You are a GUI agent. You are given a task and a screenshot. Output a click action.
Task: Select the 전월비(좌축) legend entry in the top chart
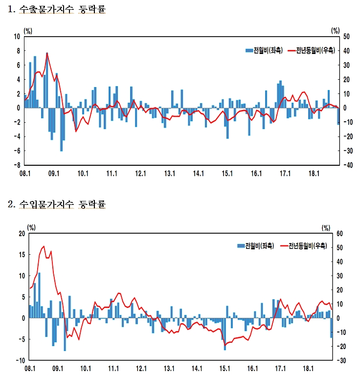264,50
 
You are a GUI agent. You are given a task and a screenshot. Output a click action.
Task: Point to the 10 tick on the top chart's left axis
17,37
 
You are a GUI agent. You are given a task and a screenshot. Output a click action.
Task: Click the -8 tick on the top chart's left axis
17,165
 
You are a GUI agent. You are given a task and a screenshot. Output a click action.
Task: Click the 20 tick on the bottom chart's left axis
21,234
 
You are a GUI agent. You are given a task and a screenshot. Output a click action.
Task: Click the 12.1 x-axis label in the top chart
141,174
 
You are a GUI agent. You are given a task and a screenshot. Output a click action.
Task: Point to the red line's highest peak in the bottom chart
44,246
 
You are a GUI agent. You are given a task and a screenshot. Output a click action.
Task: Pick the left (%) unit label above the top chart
28,30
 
